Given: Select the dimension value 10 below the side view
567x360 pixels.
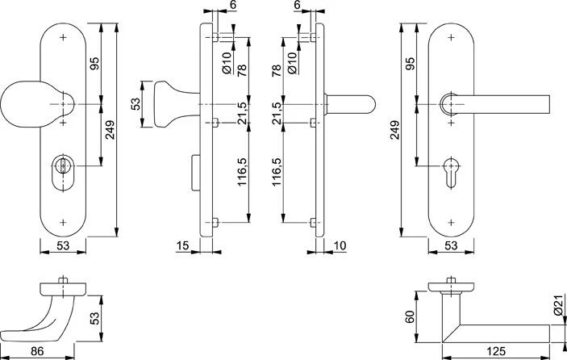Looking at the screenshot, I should (x=339, y=245).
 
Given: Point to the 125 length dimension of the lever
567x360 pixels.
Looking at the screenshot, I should (x=496, y=351).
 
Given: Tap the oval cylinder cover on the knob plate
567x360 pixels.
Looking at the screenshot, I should (x=64, y=171).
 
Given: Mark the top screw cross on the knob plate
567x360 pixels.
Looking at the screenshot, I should (x=64, y=37).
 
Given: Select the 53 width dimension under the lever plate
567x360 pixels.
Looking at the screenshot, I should (x=451, y=245).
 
